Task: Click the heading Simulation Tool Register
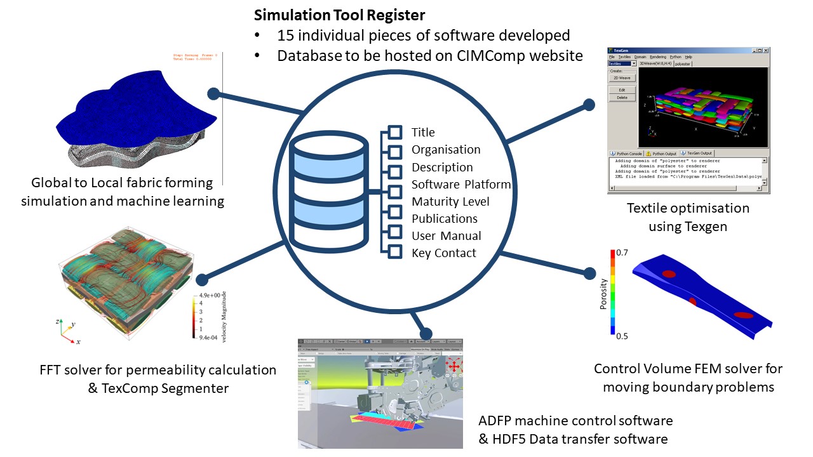pyautogui.click(x=339, y=15)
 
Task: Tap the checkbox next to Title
pyautogui.click(x=395, y=132)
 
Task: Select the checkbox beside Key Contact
pyautogui.click(x=395, y=253)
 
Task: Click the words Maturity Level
pyautogui.click(x=450, y=201)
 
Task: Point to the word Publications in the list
pyautogui.click(x=444, y=218)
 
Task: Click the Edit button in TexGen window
pyautogui.click(x=622, y=90)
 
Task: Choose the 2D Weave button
pyautogui.click(x=622, y=78)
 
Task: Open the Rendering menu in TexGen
pyautogui.click(x=657, y=57)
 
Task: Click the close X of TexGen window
pyautogui.click(x=765, y=50)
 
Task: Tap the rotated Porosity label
pyautogui.click(x=603, y=294)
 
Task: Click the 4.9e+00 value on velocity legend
pyautogui.click(x=210, y=295)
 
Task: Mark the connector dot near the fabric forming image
pyautogui.click(x=213, y=94)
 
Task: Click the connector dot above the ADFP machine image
pyautogui.click(x=426, y=333)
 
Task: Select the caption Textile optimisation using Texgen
pyautogui.click(x=688, y=217)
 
